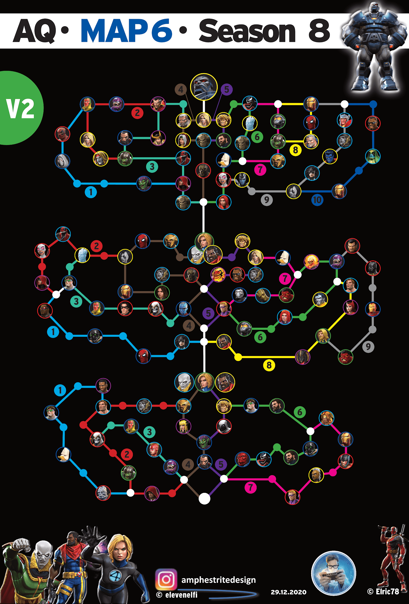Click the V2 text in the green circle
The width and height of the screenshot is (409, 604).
pos(20,109)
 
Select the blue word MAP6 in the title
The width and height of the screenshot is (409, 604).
pos(126,31)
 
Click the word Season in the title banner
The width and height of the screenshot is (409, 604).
pos(247,31)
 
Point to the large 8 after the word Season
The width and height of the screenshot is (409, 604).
pos(319,31)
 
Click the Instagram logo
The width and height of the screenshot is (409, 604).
pos(166,579)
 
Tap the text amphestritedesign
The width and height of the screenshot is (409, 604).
pos(218,580)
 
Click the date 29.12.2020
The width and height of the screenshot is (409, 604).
pos(288,592)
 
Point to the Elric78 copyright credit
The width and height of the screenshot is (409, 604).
pos(383,591)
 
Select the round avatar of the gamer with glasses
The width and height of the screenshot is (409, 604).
pos(333,573)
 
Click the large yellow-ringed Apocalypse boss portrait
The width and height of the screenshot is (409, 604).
pos(204,87)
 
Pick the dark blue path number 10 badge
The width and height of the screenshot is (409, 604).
pos(317,200)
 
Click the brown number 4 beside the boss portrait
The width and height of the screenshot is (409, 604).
pos(181,89)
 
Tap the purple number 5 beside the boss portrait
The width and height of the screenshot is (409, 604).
pos(226,89)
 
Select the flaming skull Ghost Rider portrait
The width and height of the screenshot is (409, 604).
pos(311,261)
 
